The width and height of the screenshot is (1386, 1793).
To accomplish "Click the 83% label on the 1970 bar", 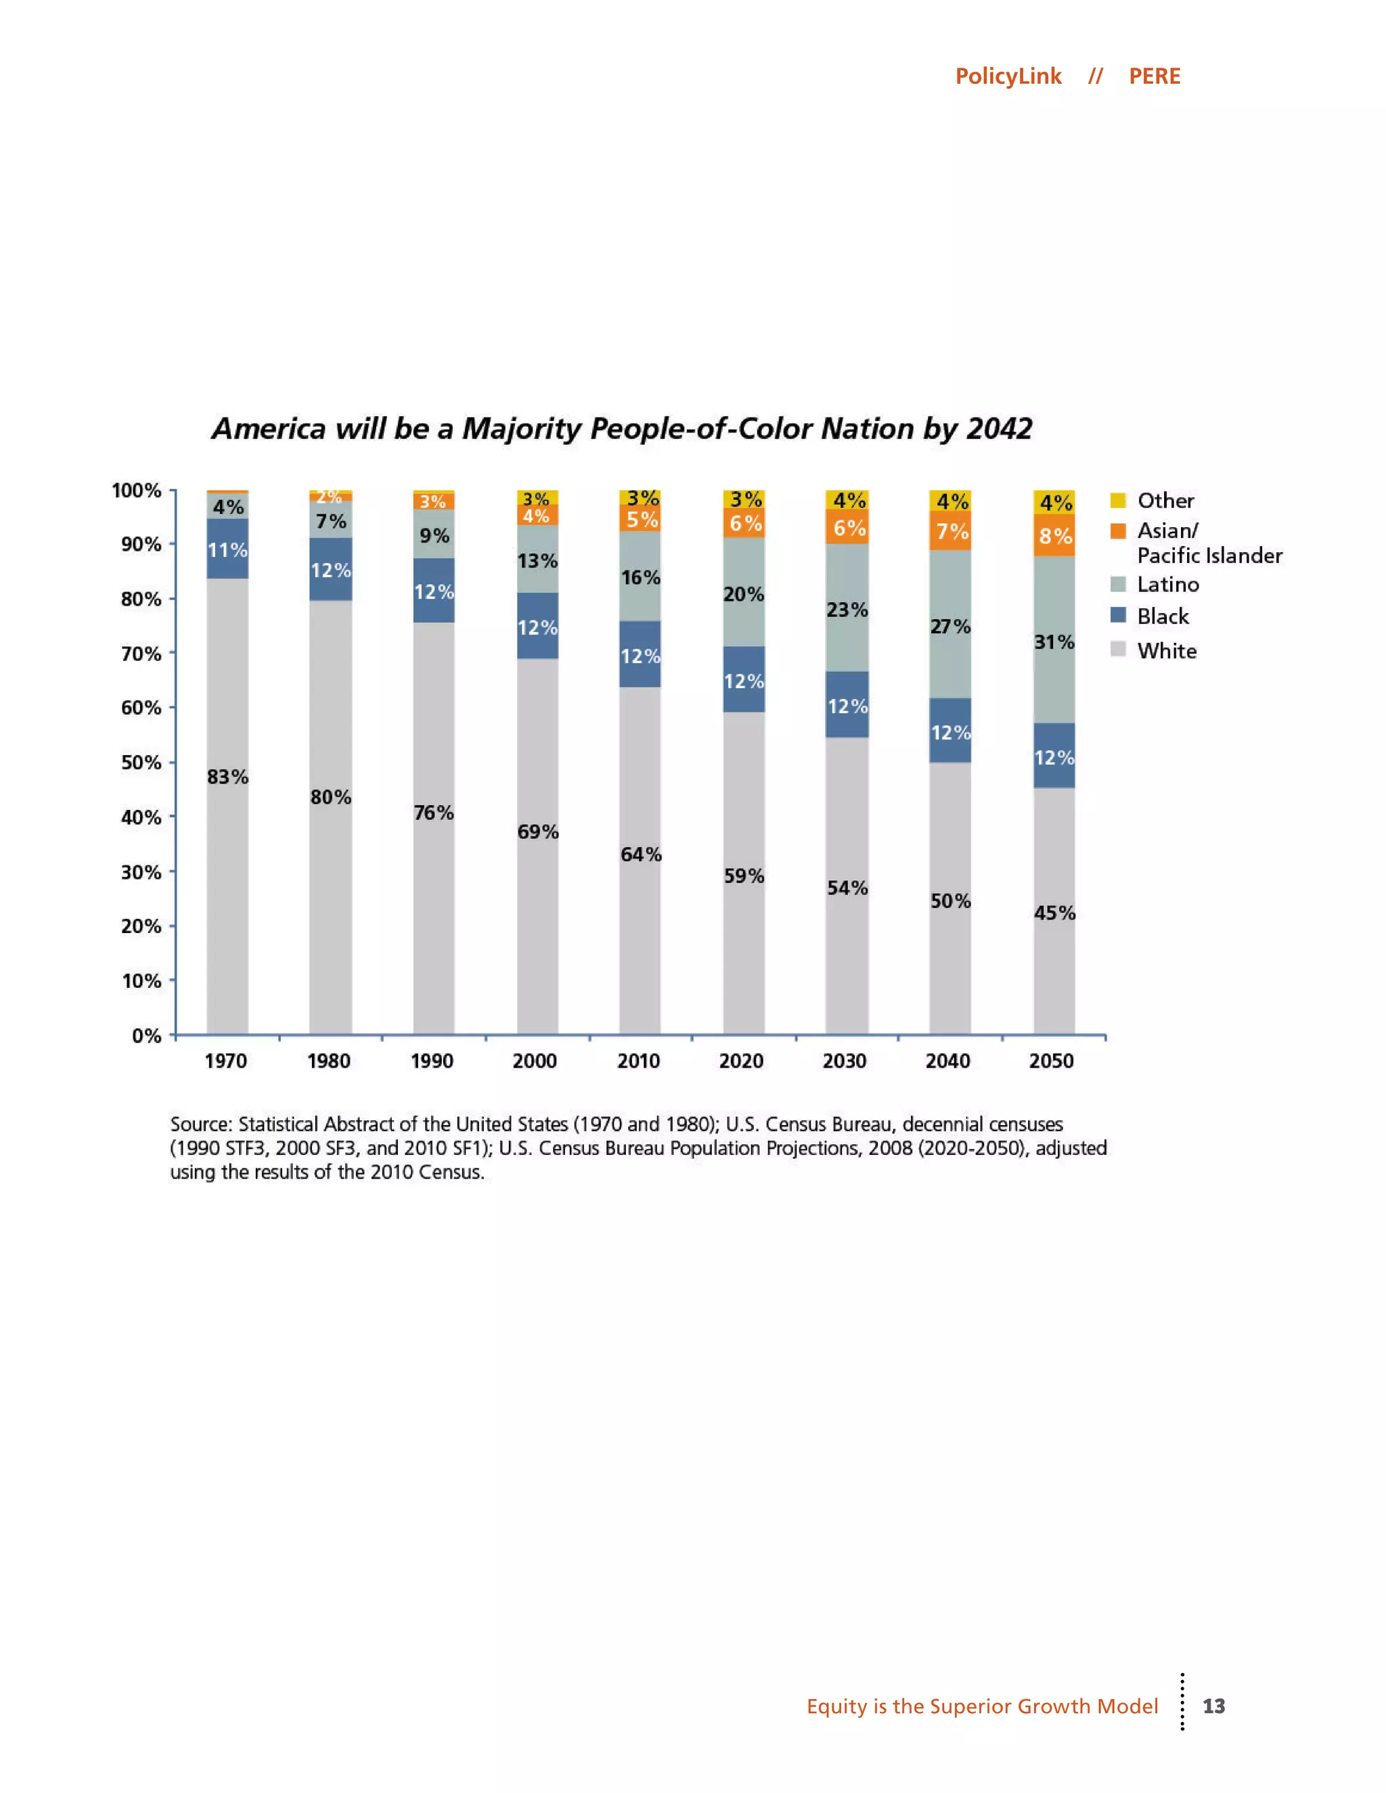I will (x=227, y=777).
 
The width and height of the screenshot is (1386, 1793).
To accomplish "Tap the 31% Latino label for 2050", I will (x=1054, y=642).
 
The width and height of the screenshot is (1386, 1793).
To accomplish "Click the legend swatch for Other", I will (x=1117, y=500).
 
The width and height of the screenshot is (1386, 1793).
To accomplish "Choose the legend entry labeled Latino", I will (x=1167, y=585).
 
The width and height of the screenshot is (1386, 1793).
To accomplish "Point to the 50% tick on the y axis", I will (x=141, y=763).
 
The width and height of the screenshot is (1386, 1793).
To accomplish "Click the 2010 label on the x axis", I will (x=638, y=1061).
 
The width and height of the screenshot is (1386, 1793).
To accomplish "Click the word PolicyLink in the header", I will (x=1008, y=76).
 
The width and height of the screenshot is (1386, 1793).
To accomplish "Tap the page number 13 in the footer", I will (x=1213, y=1706).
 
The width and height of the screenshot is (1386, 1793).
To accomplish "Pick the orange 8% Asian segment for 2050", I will (x=1054, y=536).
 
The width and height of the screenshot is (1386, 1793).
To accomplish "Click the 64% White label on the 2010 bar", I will (x=640, y=855).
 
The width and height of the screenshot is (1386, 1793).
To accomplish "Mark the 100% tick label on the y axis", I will (x=136, y=491).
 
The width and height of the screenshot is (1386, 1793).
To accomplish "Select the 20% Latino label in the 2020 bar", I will (x=744, y=594).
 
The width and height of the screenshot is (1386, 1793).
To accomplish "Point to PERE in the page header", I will (x=1154, y=76).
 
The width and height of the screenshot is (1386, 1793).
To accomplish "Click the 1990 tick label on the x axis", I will (x=432, y=1061).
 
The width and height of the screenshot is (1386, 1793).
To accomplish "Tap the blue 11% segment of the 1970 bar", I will (x=227, y=549).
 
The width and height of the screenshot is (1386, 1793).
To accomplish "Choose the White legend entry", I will (x=1166, y=651).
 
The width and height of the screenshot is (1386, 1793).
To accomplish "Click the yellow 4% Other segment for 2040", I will (x=951, y=501).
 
